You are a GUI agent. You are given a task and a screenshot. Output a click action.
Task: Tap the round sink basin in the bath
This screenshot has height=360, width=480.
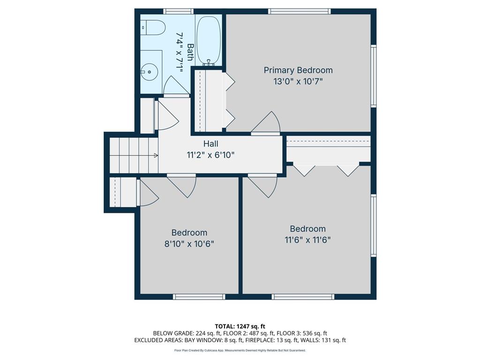click(149, 72)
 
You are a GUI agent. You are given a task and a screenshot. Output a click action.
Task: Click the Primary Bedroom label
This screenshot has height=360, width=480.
click(298, 70)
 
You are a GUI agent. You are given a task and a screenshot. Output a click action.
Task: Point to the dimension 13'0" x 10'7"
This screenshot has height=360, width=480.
click(298, 81)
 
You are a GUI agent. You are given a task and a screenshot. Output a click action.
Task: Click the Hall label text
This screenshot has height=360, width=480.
click(210, 144)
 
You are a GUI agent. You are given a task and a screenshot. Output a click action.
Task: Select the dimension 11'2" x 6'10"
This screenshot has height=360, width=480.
click(210, 154)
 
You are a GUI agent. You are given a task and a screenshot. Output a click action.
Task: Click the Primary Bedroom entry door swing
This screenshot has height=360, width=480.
click(267, 123)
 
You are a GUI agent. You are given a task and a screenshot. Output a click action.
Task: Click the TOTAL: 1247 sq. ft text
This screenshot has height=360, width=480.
click(240, 326)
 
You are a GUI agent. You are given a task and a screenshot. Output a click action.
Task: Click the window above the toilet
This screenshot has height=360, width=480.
click(178, 11)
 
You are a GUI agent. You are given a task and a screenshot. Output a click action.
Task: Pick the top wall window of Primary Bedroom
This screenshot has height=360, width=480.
click(299, 11)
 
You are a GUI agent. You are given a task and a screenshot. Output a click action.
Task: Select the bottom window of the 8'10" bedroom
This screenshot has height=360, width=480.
click(199, 297)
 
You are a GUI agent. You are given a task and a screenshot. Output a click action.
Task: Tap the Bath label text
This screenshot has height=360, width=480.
click(190, 52)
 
